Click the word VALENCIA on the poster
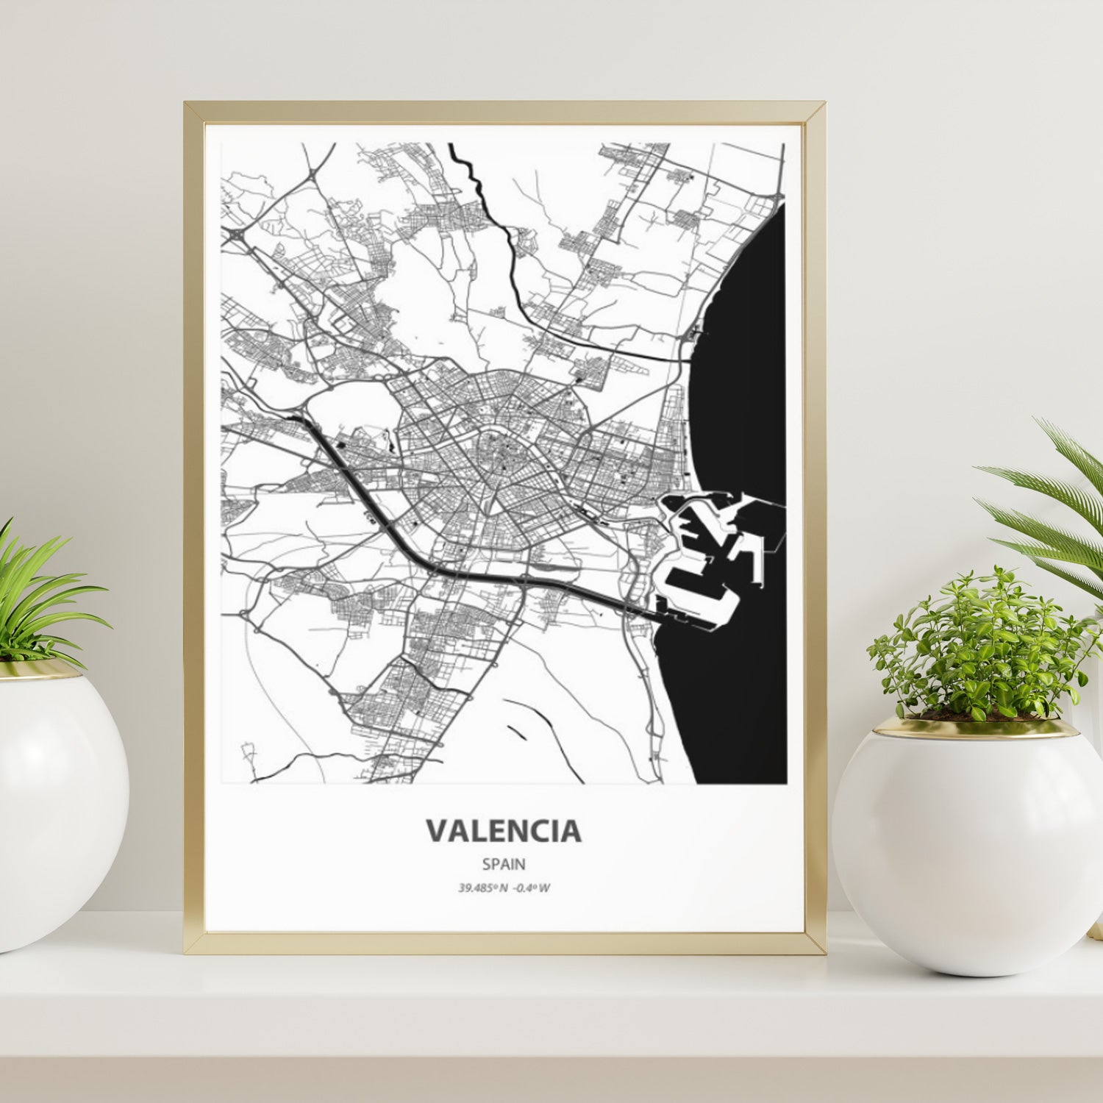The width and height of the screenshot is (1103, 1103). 504,831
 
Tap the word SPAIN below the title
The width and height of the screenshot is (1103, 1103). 504,865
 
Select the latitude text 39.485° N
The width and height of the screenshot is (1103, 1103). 482,888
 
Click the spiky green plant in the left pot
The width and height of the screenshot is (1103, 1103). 37,596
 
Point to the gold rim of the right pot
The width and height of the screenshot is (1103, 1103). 978,728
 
